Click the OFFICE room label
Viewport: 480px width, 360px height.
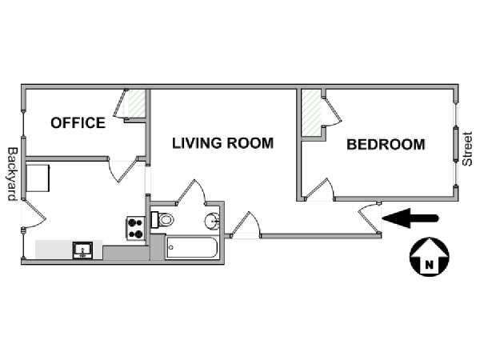(x=78, y=122)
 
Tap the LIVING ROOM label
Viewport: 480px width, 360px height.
(x=223, y=143)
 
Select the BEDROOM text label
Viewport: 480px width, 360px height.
(x=385, y=145)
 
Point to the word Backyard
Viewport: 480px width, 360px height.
(x=12, y=173)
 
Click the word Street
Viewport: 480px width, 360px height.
(x=468, y=149)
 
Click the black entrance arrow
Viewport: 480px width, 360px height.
(x=411, y=218)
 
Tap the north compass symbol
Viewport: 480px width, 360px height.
(x=429, y=258)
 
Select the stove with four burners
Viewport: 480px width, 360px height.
(x=136, y=228)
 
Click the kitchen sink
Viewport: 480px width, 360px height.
(x=82, y=250)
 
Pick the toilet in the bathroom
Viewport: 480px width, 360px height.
(x=163, y=219)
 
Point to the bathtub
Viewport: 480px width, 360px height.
(x=191, y=248)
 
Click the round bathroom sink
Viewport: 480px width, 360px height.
(x=212, y=221)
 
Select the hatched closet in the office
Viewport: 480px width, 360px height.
(x=136, y=104)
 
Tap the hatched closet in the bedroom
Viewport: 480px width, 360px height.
(x=310, y=114)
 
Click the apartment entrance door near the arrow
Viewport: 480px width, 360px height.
(x=370, y=217)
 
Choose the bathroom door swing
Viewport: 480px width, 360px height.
(x=192, y=192)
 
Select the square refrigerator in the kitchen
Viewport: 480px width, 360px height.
(x=38, y=178)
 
